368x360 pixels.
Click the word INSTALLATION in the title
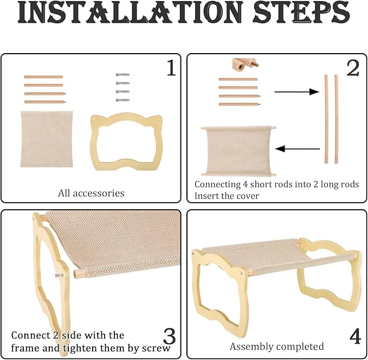[131, 12]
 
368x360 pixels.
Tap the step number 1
[171, 68]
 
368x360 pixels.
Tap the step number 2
[353, 68]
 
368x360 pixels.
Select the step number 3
[170, 337]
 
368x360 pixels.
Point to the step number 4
[355, 336]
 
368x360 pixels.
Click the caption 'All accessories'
[91, 193]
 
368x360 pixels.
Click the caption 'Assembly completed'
[277, 346]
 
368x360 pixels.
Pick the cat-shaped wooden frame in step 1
[94, 143]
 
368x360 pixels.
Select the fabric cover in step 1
[47, 139]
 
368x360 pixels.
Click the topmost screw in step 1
[122, 75]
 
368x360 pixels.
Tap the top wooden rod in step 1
[43, 77]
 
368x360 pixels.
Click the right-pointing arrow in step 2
[296, 92]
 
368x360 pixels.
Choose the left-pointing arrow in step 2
[298, 149]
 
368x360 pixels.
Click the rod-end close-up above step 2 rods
[246, 65]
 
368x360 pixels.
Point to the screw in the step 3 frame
[59, 275]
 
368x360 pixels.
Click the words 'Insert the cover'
[227, 196]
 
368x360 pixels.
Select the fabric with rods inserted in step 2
[238, 151]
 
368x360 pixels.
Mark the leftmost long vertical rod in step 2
[326, 119]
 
